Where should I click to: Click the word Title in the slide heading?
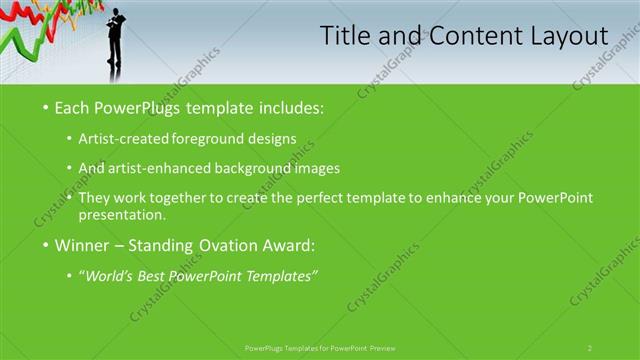pyautogui.click(x=343, y=37)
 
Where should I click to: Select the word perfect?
pyautogui.click(x=323, y=197)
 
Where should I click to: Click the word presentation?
pyautogui.click(x=121, y=214)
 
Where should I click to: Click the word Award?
pyautogui.click(x=289, y=244)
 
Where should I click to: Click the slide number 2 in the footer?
pyautogui.click(x=590, y=347)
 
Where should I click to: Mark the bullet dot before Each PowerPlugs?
pyautogui.click(x=45, y=106)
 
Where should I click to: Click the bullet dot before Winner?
pyautogui.click(x=45, y=244)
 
